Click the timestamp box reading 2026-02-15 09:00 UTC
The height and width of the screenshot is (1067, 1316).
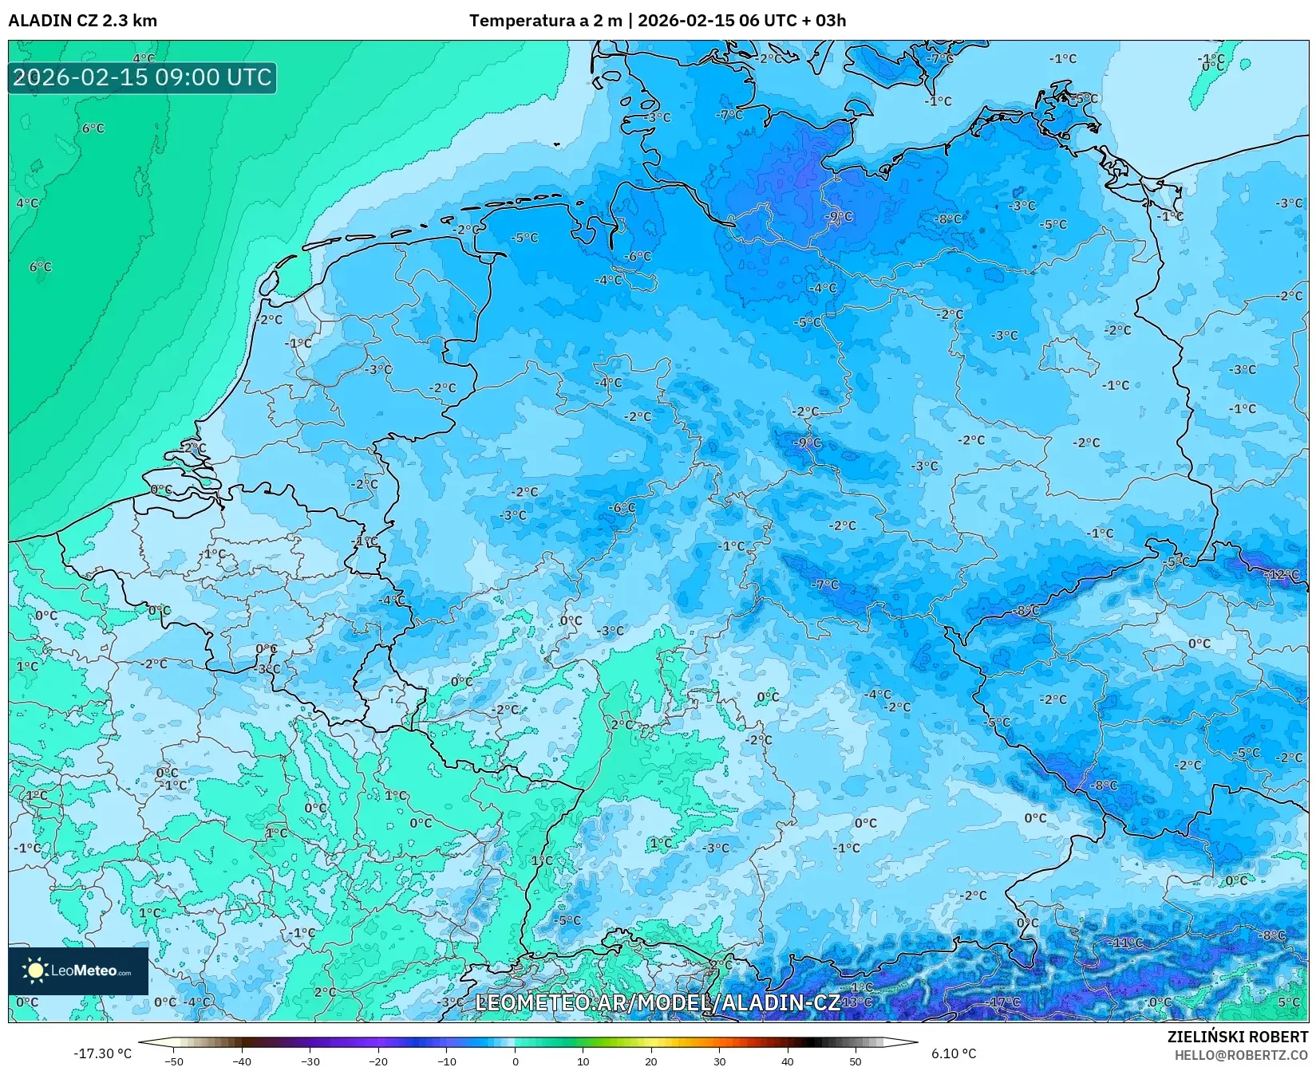click(142, 77)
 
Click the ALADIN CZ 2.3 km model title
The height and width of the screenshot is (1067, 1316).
click(82, 21)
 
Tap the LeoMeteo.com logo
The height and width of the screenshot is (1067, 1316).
click(78, 971)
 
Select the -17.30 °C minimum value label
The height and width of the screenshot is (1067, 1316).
click(102, 1053)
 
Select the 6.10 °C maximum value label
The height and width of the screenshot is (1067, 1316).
click(954, 1053)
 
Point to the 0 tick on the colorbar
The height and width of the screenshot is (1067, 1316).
click(515, 1061)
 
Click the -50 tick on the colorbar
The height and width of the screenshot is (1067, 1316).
click(173, 1061)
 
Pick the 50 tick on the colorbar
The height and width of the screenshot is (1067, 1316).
click(856, 1061)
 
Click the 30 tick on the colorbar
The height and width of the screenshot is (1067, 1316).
click(719, 1061)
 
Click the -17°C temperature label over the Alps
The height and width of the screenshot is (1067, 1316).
click(1004, 1002)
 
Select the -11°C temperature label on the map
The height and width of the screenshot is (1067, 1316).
click(1128, 943)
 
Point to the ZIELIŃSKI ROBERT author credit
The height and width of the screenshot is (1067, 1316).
click(1238, 1037)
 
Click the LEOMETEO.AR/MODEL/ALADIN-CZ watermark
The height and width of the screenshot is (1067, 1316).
click(658, 1002)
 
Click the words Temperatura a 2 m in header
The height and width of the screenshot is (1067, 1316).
click(545, 21)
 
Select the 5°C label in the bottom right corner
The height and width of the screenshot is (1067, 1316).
click(1288, 1002)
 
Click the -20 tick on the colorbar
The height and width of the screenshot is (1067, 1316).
click(378, 1061)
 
